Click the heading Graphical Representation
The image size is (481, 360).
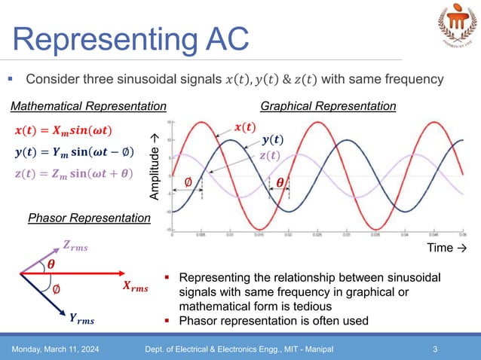328,106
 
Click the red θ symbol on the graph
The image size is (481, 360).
280,182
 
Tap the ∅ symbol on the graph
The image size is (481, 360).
188,181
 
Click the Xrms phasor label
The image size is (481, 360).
135,286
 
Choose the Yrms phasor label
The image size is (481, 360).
81,319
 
